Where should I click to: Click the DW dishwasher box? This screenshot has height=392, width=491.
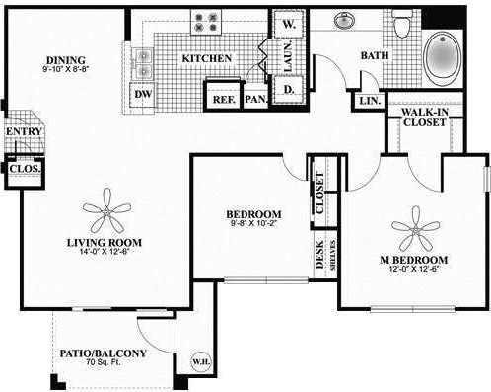click(143, 94)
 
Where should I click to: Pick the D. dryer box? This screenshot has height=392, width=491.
click(291, 90)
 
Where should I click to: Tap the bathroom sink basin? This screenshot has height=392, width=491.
click(346, 19)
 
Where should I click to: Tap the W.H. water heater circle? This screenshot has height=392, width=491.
click(199, 360)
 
